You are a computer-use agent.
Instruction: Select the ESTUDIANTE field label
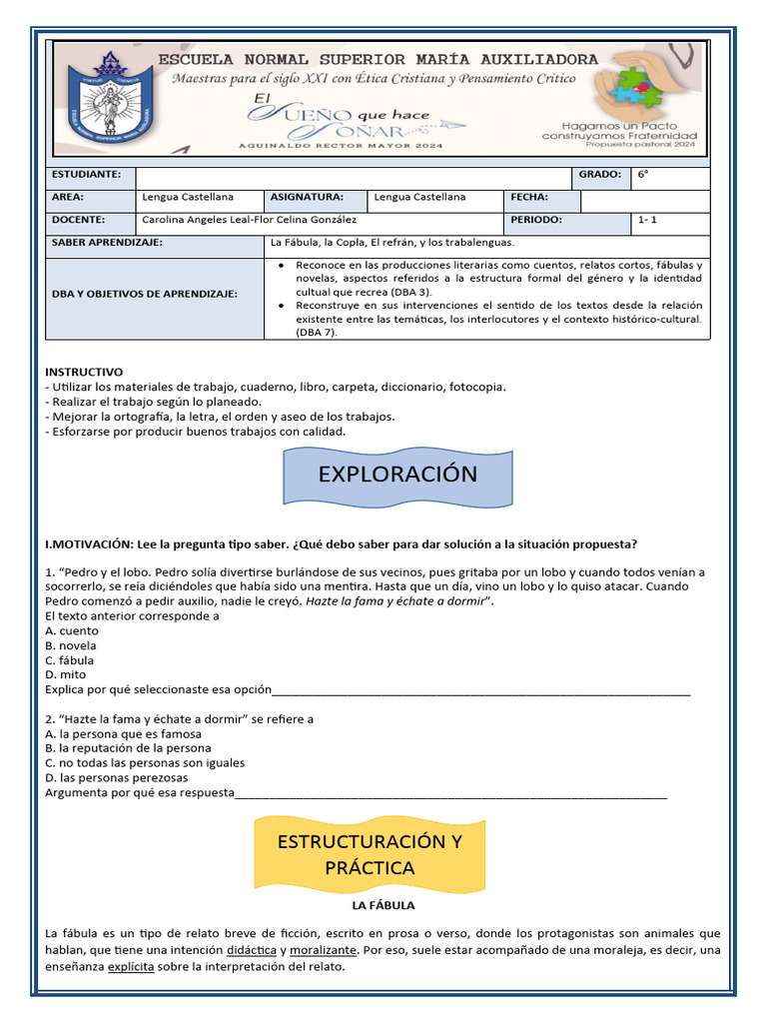pos(86,175)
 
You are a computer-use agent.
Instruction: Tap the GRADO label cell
pos(599,175)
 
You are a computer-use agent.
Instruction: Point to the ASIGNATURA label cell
pos(306,198)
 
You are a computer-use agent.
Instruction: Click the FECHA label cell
pos(529,198)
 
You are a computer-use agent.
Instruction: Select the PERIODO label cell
pos(536,220)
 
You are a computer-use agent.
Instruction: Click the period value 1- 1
pos(648,220)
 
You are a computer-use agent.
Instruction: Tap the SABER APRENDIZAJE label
pos(106,243)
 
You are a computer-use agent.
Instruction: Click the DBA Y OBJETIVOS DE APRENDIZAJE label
pos(145,295)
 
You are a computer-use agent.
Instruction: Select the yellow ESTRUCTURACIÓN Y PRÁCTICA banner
pos(370,854)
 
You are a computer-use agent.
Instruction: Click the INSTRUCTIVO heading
pos(84,371)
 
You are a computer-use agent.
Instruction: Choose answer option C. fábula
pos(70,660)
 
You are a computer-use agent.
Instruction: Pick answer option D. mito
pos(66,674)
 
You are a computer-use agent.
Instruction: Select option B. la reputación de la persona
pos(128,748)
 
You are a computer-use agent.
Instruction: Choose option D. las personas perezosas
pos(116,777)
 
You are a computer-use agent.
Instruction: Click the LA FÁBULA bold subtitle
pos(383,906)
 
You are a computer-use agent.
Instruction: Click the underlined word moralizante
pos(324,950)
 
